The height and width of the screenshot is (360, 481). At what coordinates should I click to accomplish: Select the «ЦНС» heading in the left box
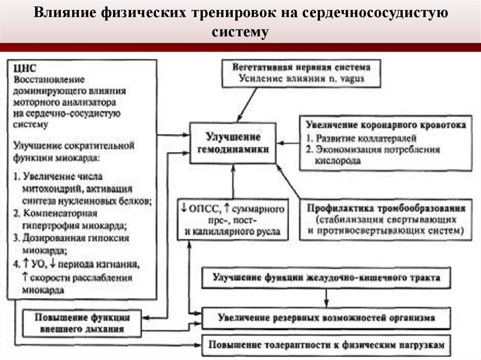[x=25, y=68]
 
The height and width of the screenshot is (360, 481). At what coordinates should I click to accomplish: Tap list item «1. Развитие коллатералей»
[x=361, y=139]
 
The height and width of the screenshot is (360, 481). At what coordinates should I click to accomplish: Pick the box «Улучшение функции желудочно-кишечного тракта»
[x=326, y=277]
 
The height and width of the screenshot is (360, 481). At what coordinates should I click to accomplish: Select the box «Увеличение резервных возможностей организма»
[x=326, y=318]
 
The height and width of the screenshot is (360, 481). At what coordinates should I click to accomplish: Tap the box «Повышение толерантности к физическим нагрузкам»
[x=326, y=345]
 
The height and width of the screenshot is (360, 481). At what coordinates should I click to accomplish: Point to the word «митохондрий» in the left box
[x=46, y=189]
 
